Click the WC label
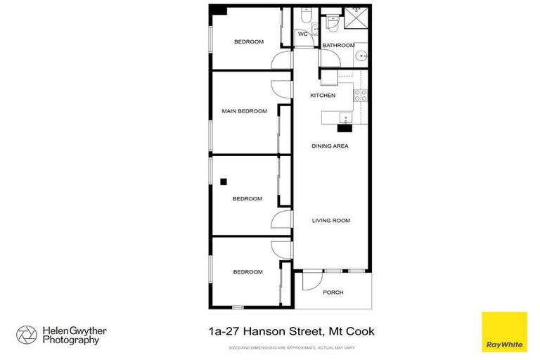tap(303, 34)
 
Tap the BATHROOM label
tap(338, 46)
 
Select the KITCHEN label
tap(323, 96)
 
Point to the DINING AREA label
tap(330, 146)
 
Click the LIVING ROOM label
tap(330, 220)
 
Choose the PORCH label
tap(333, 292)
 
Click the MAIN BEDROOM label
tap(245, 111)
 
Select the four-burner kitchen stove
tap(360, 95)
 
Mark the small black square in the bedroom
tap(223, 181)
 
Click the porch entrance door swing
tap(309, 281)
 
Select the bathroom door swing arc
tap(328, 75)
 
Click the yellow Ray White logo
tap(504, 330)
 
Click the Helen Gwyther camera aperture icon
tap(26, 335)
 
